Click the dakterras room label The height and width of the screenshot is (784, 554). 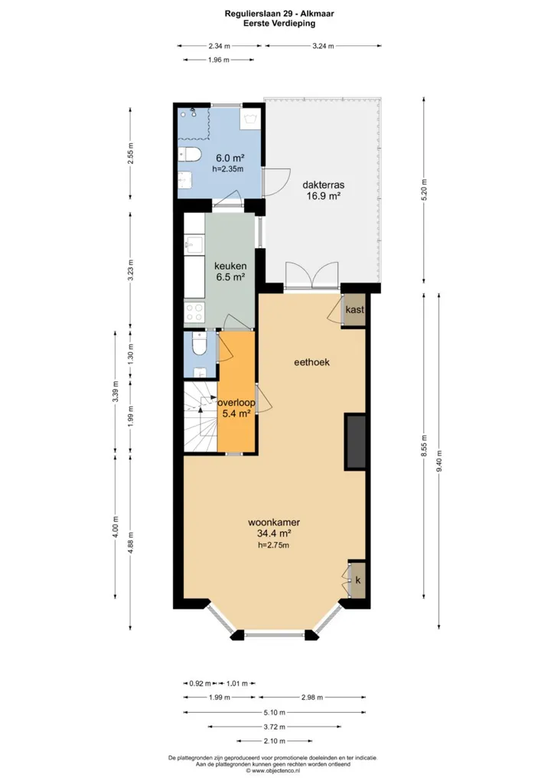323,185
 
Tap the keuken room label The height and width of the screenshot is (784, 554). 230,266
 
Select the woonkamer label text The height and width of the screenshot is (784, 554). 274,522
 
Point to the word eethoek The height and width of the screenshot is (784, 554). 311,362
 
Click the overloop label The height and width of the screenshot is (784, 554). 236,403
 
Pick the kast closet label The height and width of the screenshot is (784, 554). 355,309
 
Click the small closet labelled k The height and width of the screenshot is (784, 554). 357,580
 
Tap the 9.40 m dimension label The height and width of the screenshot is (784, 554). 439,461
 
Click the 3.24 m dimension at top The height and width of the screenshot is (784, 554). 323,46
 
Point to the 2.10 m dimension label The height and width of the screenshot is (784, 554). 275,741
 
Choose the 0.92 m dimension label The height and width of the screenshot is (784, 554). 200,683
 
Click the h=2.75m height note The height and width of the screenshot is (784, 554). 274,545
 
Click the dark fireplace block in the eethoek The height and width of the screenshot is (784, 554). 355,442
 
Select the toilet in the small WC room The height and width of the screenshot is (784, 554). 199,345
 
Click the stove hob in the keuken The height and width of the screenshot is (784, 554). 194,312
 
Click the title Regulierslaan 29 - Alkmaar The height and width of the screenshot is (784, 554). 279,14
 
